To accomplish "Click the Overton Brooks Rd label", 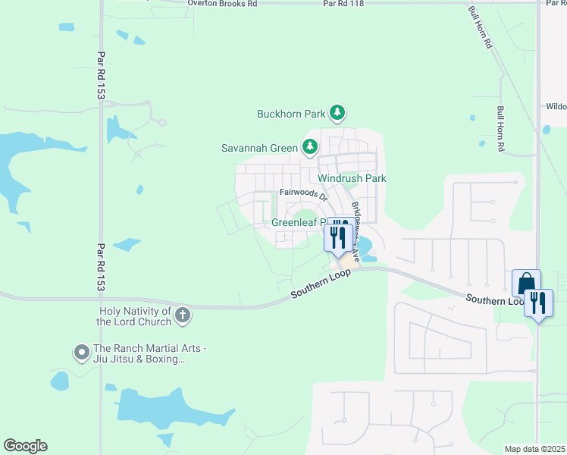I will [218, 4].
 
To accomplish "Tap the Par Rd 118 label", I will [344, 4].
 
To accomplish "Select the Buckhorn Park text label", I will [290, 115].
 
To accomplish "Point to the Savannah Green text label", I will [258, 148].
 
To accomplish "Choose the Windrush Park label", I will [352, 178].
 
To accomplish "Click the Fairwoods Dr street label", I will [302, 194].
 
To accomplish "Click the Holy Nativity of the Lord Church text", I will [134, 316].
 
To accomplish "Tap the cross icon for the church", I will [182, 315].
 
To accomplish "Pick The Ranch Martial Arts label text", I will [139, 353].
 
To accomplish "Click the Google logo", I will [25, 446].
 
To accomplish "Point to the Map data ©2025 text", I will [534, 449].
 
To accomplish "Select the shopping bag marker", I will [526, 284].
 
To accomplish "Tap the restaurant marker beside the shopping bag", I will [539, 303].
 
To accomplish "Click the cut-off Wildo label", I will [556, 107].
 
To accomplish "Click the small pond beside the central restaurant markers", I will [364, 247].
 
